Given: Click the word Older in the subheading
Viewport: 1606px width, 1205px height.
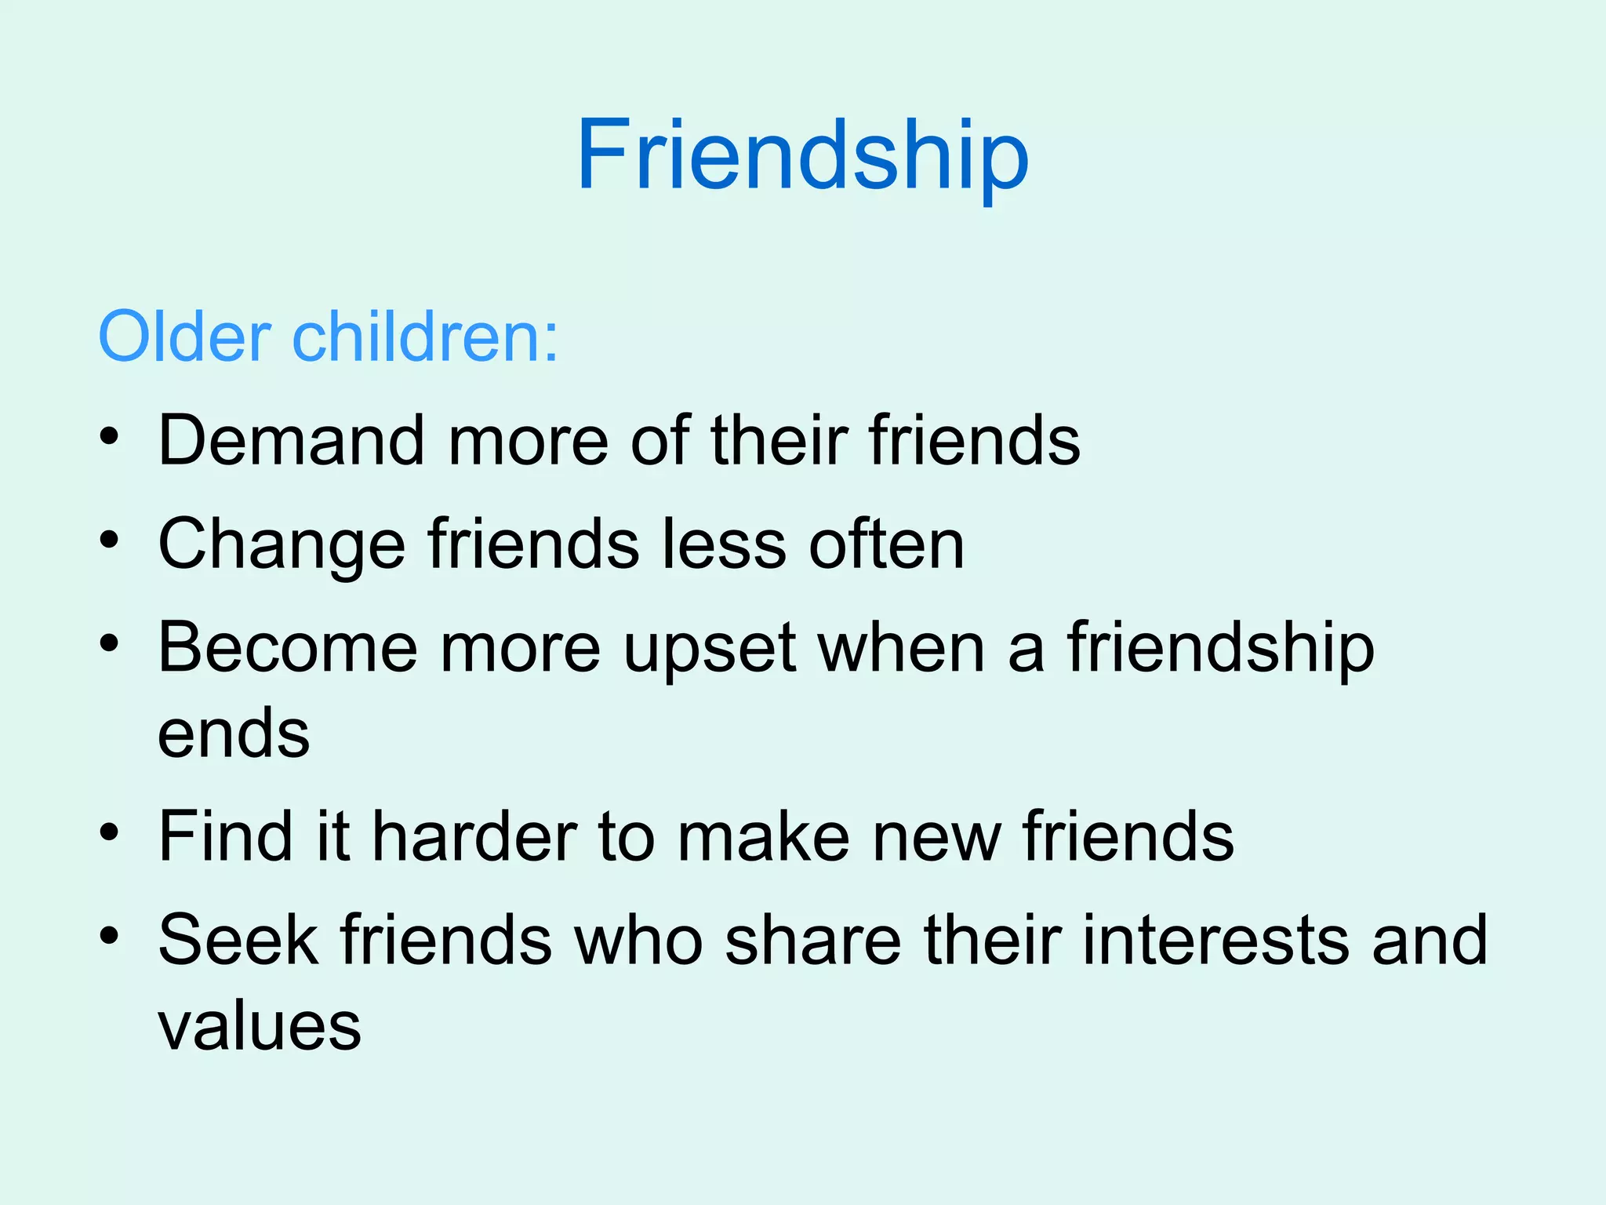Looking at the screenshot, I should click(x=185, y=337).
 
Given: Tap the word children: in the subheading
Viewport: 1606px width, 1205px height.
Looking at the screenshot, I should click(x=426, y=337).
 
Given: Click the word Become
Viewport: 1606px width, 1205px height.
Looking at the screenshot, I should click(x=288, y=648).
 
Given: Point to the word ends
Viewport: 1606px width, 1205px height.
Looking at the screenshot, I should click(x=234, y=734).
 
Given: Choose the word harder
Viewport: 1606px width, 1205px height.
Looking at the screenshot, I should click(x=474, y=836).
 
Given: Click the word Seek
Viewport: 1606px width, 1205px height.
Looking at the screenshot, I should click(x=238, y=940).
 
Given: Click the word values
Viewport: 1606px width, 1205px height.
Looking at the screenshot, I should click(x=260, y=1026).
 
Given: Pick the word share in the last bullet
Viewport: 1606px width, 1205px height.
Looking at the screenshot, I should click(x=812, y=940).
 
